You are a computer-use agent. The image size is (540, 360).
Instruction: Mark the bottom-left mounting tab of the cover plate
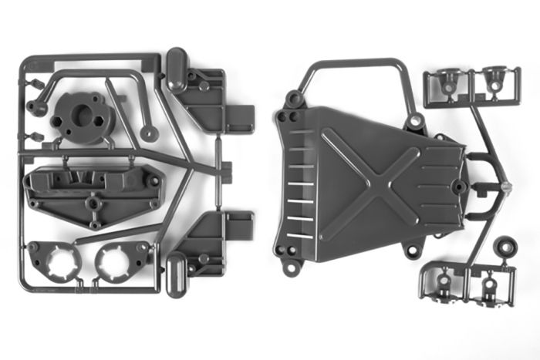click(x=291, y=267)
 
